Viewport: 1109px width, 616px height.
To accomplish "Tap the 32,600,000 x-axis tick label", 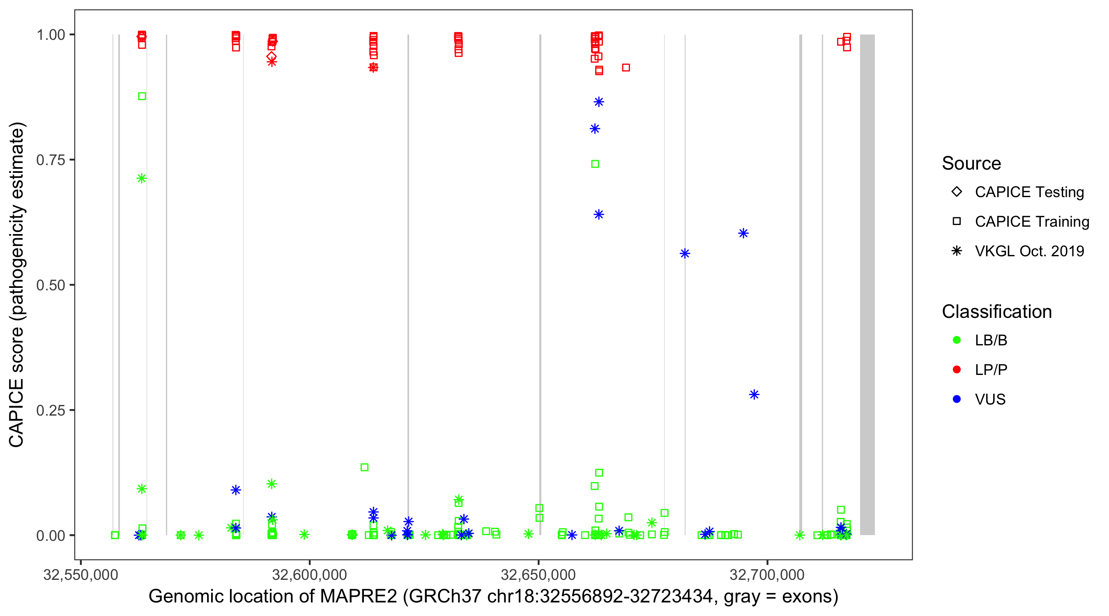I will click(x=309, y=575).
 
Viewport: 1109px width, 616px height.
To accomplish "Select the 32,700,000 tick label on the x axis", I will click(x=767, y=575).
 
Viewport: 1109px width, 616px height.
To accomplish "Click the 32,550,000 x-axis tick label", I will click(x=81, y=575).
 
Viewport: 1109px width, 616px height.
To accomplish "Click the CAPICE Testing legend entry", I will click(x=1029, y=192).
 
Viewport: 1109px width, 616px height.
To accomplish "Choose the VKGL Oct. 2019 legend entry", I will click(x=1029, y=251).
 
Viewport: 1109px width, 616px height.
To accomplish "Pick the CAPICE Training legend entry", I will click(x=1031, y=222).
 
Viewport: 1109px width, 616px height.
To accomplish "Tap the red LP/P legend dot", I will click(x=957, y=370).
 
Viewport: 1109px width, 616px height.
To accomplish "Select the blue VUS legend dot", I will click(x=957, y=400).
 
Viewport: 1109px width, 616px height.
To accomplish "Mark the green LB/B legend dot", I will click(x=957, y=340).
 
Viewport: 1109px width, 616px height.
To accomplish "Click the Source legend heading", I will click(x=971, y=163).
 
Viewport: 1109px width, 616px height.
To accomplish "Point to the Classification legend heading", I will click(x=996, y=312).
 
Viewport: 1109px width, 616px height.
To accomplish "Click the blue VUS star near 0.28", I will click(x=754, y=394).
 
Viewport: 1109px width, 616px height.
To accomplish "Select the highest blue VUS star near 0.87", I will click(x=599, y=102).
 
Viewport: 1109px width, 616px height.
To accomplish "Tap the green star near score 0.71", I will click(x=142, y=178).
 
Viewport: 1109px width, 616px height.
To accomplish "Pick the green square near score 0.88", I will click(x=142, y=96).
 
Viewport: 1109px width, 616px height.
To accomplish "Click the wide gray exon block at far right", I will click(x=867, y=284).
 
